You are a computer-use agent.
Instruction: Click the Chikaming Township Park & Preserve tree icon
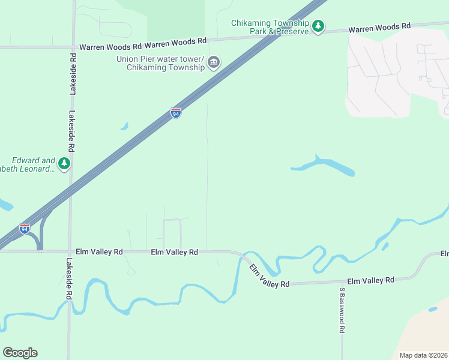pos(318,26)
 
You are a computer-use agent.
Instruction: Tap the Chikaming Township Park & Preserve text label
pos(270,27)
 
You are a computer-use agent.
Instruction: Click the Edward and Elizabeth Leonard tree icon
pos(64,163)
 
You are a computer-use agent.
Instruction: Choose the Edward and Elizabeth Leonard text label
pos(33,164)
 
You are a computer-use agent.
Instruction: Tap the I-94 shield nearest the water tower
pos(175,113)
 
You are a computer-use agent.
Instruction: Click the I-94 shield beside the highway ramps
pos(24,229)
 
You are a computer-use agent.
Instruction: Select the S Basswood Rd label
pos(342,310)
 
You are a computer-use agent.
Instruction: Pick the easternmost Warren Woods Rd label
pos(379,28)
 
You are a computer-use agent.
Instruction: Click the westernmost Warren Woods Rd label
pos(110,46)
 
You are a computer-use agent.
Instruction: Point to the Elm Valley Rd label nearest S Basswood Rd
pos(370,280)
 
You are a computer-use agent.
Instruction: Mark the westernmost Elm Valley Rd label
pos(99,252)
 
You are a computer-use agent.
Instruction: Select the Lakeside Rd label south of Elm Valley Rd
pos(70,279)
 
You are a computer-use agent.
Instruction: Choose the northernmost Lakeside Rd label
pos(73,74)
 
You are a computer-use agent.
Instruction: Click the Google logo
pos(20,353)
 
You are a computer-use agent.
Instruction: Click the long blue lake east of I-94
pos(324,166)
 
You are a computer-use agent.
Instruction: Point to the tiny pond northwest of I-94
pos(124,127)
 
